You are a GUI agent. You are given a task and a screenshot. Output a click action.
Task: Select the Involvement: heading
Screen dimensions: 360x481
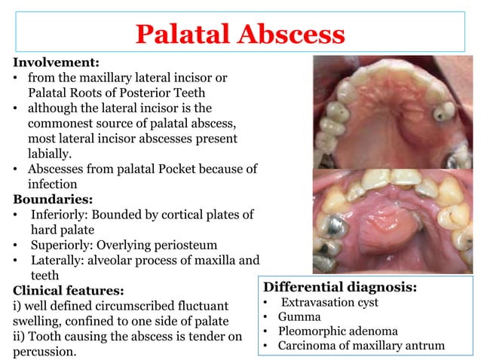[x=56, y=63]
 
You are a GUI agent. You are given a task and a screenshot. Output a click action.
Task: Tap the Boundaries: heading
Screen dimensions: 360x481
[x=52, y=199]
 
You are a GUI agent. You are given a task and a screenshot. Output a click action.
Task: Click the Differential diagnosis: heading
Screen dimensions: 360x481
[x=339, y=287]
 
